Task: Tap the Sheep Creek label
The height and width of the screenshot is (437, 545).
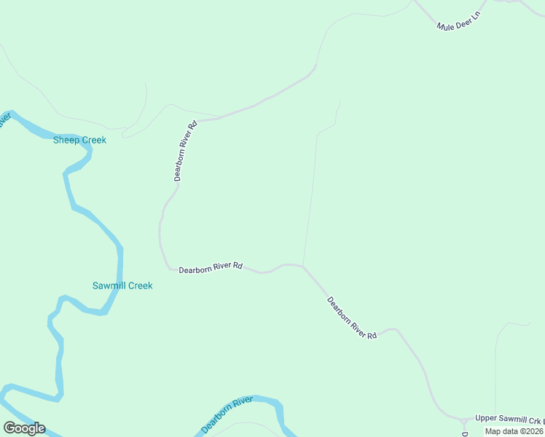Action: coord(79,140)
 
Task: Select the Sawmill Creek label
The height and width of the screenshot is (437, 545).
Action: coord(122,286)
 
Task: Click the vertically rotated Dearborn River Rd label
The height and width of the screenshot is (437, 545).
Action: coord(186,151)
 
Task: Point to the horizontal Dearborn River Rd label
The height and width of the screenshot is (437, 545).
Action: coord(211,267)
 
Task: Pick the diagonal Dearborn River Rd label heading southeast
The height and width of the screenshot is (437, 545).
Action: coord(352,318)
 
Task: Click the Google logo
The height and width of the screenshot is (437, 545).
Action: coord(24,428)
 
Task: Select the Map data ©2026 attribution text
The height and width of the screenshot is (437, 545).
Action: coord(514,431)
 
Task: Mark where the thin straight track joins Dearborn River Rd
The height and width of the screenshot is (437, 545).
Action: coord(303,266)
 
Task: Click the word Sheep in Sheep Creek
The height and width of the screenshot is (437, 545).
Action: coord(66,140)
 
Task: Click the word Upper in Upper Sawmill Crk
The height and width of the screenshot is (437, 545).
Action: coord(486,419)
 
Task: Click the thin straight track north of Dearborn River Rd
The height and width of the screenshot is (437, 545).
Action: coord(311,197)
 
